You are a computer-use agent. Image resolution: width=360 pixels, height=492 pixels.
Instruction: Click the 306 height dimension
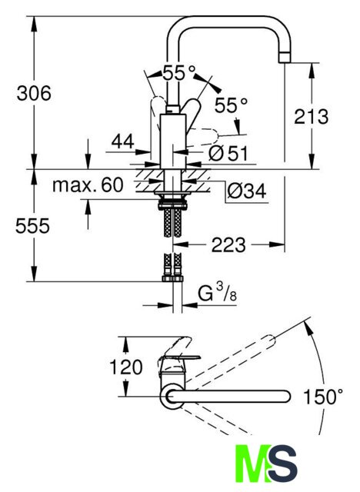click(x=34, y=93)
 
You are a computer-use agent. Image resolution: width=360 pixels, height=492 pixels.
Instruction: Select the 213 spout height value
click(x=311, y=116)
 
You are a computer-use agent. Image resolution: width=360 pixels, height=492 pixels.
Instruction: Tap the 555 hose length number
click(x=32, y=225)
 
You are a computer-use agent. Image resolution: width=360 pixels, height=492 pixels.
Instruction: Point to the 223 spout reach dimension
click(x=228, y=245)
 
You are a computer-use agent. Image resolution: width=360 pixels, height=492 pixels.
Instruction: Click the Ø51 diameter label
click(x=228, y=153)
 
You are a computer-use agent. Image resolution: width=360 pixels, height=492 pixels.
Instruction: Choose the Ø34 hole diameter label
click(x=247, y=191)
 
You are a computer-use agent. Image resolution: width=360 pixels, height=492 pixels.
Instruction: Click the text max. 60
click(x=88, y=184)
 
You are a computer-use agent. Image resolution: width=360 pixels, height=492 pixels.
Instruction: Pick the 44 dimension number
click(x=123, y=141)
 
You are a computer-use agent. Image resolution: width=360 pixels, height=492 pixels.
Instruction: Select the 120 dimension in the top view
click(x=126, y=367)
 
